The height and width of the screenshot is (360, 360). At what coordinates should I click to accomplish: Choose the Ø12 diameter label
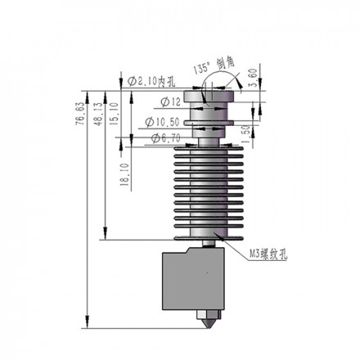tap(160, 101)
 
